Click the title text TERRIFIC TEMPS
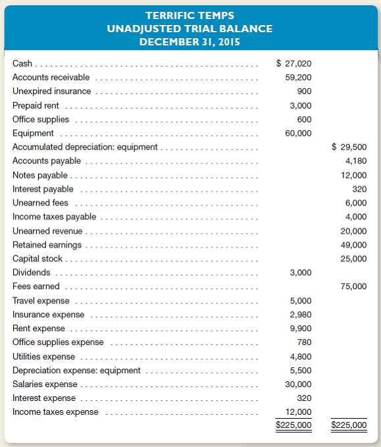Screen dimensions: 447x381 [190, 15]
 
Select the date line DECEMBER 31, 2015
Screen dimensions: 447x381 [190, 41]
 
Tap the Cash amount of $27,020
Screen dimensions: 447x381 [293, 64]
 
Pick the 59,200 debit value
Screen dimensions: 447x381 [298, 78]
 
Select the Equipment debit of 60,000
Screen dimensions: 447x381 [298, 133]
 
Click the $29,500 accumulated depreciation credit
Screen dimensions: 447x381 [349, 147]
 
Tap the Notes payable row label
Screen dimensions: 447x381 [39, 175]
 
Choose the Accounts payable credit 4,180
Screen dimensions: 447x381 [356, 161]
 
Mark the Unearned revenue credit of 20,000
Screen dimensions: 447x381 [353, 231]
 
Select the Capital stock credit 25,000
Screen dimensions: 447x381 [353, 259]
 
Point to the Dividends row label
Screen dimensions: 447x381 [31, 273]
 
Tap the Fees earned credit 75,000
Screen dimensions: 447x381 [353, 286]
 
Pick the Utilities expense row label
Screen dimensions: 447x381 [43, 356]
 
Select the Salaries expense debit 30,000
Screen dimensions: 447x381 [298, 384]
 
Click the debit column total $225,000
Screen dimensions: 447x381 [294, 425]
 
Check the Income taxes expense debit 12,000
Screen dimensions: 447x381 [298, 412]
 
